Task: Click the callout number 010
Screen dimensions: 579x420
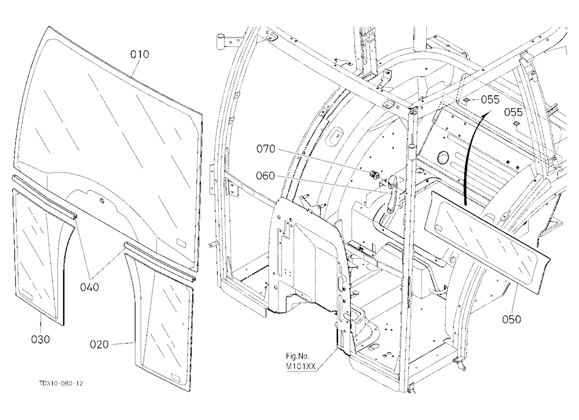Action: click(x=140, y=54)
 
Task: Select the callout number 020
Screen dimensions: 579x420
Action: click(x=100, y=344)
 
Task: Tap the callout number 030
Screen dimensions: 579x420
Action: click(x=41, y=339)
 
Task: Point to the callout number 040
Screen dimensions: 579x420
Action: click(x=89, y=286)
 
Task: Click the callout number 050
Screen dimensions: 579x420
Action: click(x=511, y=319)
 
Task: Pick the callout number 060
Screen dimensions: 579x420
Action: click(x=266, y=176)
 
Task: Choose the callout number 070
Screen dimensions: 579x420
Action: click(x=266, y=149)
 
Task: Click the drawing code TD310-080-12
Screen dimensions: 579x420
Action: click(x=61, y=384)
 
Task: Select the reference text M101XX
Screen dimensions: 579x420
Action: click(x=301, y=366)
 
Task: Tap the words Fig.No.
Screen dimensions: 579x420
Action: click(x=298, y=356)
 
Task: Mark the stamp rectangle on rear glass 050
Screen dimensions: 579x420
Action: click(x=439, y=226)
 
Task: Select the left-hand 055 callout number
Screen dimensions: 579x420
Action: click(x=490, y=100)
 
